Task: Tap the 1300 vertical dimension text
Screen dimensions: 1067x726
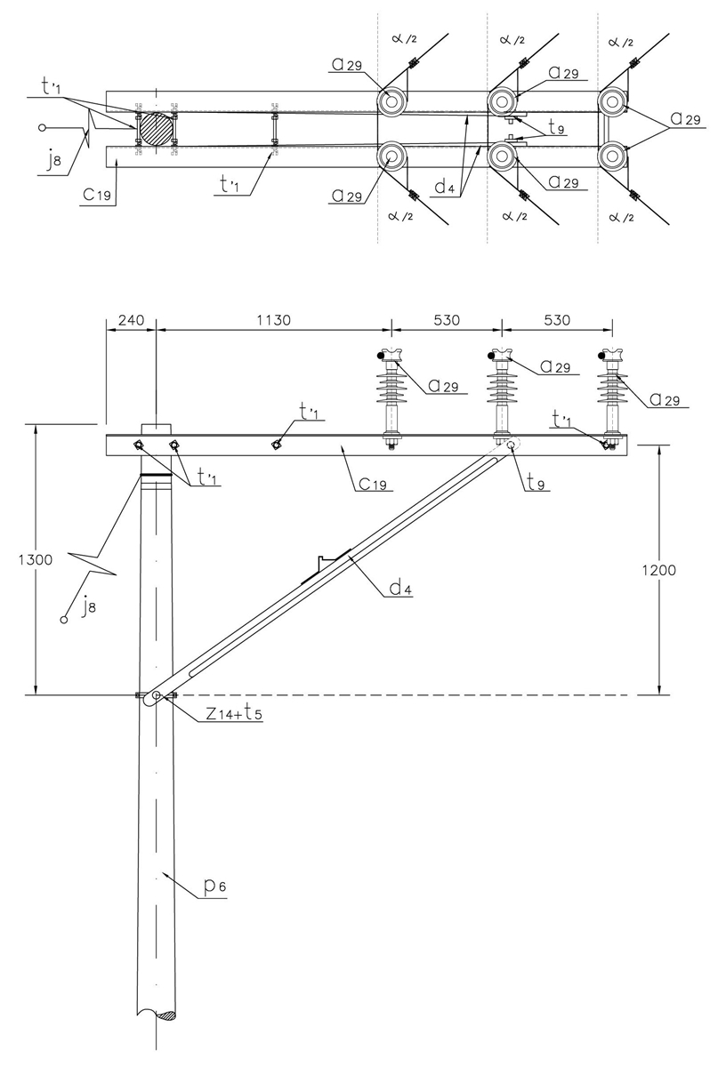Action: tap(16, 560)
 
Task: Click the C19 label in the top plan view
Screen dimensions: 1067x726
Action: tap(96, 197)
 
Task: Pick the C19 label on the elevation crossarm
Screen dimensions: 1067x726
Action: tap(371, 485)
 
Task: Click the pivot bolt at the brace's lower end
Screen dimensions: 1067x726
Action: tap(157, 695)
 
